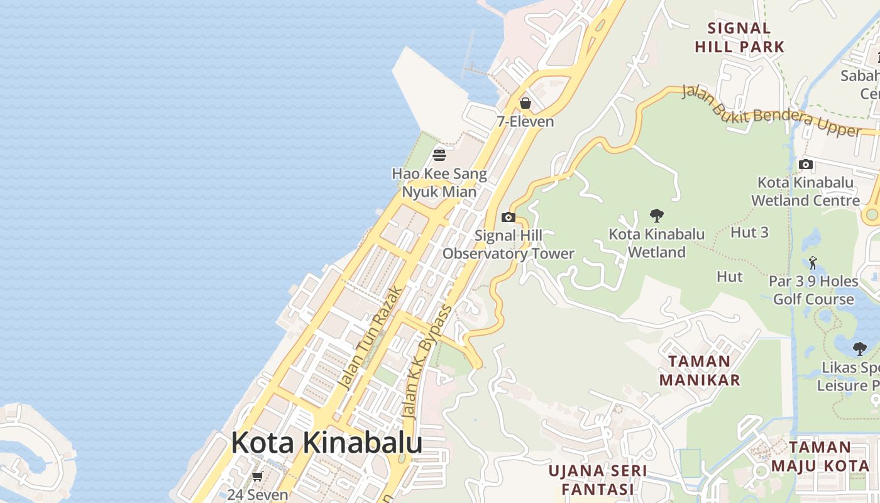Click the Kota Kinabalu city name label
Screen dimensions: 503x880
coord(326,443)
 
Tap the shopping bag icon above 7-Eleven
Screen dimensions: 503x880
coord(525,102)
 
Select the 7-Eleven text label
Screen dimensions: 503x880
coord(525,122)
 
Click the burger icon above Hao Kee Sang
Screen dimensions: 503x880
coord(439,155)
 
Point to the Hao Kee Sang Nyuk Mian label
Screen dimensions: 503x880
coord(439,182)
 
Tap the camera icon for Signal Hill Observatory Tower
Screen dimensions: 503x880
coord(509,218)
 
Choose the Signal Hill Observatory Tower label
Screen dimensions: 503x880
coord(509,245)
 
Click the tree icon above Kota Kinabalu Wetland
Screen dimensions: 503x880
coord(657,216)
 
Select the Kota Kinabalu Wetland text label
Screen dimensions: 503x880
coord(657,243)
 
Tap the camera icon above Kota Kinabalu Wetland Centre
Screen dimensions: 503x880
coord(805,165)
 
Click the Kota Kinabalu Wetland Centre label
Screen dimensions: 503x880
coord(805,192)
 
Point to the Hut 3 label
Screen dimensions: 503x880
coord(749,233)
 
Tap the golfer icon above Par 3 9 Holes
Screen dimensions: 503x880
coord(813,262)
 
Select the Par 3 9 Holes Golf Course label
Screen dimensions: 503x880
coord(813,290)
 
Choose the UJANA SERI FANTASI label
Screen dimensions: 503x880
coord(597,480)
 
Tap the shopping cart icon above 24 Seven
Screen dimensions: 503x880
coord(257,477)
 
